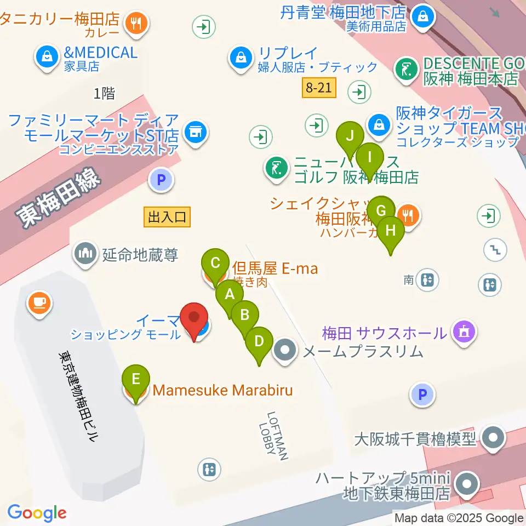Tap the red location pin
pyautogui.click(x=195, y=319)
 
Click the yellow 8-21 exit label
pyautogui.click(x=318, y=88)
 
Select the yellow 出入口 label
pyautogui.click(x=167, y=217)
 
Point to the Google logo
pyautogui.click(x=37, y=513)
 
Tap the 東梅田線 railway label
pyautogui.click(x=58, y=198)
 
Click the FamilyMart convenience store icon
pyautogui.click(x=195, y=131)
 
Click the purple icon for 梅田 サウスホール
pyautogui.click(x=464, y=331)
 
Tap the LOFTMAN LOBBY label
pyautogui.click(x=273, y=436)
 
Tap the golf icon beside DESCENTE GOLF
pyautogui.click(x=406, y=70)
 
